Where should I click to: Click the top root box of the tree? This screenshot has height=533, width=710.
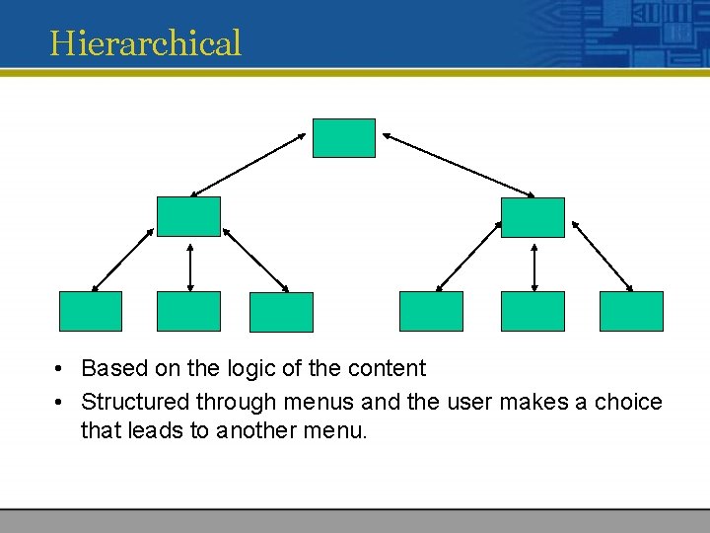pyautogui.click(x=344, y=138)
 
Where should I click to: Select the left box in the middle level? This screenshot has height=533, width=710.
pyautogui.click(x=188, y=216)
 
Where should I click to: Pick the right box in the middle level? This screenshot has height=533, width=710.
pyautogui.click(x=532, y=217)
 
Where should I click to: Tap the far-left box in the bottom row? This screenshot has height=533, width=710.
pyautogui.click(x=91, y=311)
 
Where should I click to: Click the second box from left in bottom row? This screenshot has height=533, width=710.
pyautogui.click(x=188, y=311)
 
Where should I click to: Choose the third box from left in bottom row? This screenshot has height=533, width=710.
pyautogui.click(x=281, y=312)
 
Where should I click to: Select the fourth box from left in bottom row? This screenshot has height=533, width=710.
pyautogui.click(x=431, y=311)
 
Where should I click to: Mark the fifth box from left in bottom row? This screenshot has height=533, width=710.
pyautogui.click(x=532, y=311)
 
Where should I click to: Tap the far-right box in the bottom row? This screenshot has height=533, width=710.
pyautogui.click(x=632, y=311)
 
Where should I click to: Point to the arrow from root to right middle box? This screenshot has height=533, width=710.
pyautogui.click(x=459, y=163)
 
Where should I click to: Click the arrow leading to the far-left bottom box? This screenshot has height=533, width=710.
pyautogui.click(x=123, y=261)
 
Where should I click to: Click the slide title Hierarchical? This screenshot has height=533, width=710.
pyautogui.click(x=146, y=42)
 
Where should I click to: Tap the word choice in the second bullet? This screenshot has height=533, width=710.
pyautogui.click(x=628, y=402)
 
